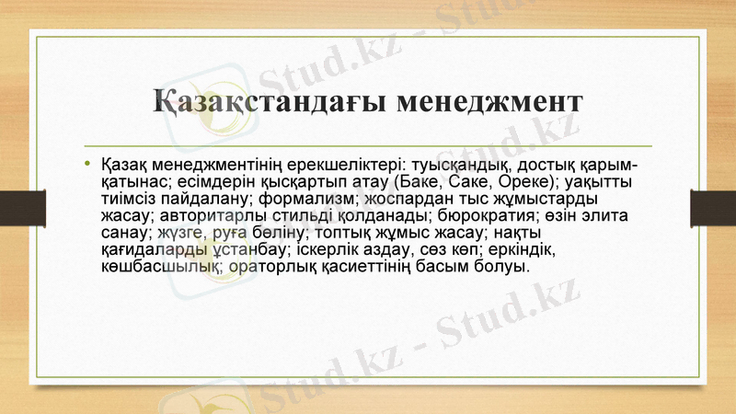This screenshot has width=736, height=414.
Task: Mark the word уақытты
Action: [602, 182]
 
